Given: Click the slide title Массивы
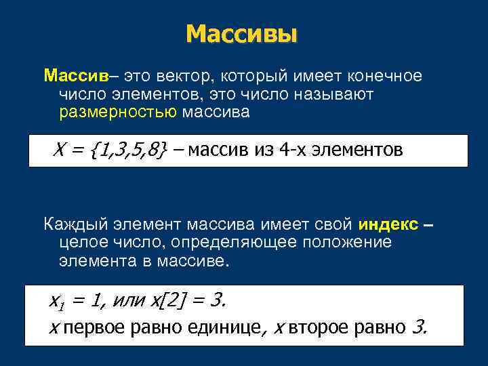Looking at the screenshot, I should click(x=241, y=33).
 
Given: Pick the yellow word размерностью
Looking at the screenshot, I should click(x=117, y=112).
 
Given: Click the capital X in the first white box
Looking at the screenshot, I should click(x=58, y=150).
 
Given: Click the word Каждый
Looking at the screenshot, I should click(x=73, y=224).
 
